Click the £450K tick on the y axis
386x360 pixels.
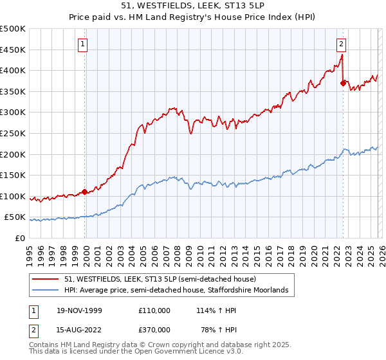point(13,50)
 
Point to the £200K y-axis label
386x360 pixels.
point(13,154)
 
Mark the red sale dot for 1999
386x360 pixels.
point(85,192)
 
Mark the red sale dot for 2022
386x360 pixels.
point(343,83)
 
